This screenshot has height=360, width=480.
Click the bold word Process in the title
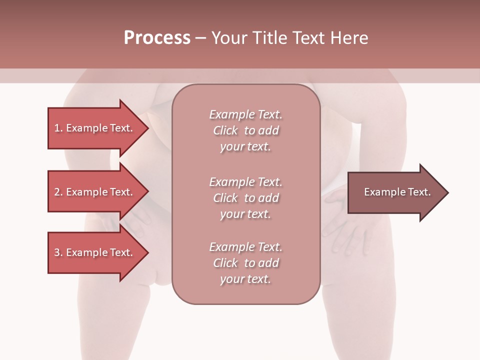click(157, 38)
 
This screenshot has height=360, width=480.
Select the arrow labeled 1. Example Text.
click(95, 128)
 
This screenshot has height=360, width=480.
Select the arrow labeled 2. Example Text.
click(95, 192)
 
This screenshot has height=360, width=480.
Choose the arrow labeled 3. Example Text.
click(95, 252)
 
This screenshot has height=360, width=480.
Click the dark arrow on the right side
click(395, 192)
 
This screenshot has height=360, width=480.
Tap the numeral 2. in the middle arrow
click(58, 192)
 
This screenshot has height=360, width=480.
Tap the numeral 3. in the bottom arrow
click(58, 252)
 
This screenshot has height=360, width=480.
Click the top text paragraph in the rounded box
click(245, 130)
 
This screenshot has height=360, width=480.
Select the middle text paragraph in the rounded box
click(245, 198)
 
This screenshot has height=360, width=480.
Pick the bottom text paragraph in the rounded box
click(245, 263)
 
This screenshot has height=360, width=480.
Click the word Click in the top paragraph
click(225, 130)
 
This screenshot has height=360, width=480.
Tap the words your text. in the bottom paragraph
click(245, 279)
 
